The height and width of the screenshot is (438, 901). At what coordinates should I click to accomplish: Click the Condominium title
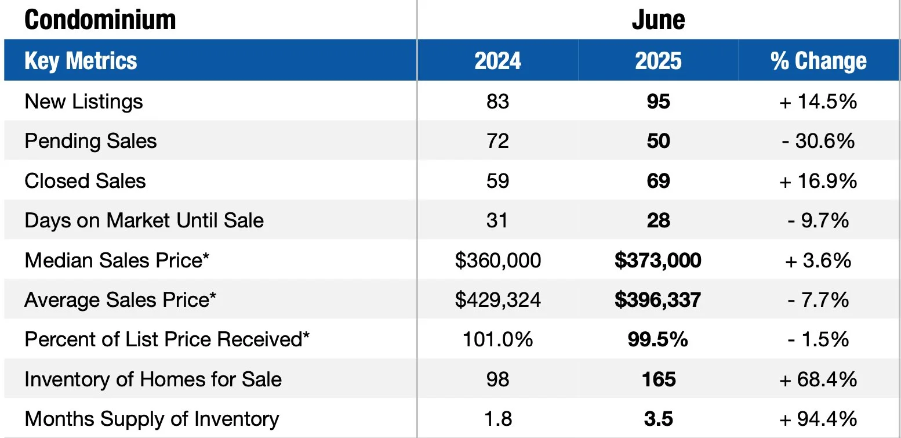(100, 20)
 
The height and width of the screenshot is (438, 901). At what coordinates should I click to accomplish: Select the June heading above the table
(658, 20)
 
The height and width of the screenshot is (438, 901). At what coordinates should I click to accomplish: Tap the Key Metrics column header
(81, 61)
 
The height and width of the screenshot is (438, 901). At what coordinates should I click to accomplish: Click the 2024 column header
(497, 61)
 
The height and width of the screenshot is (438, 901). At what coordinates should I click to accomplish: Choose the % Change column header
(818, 61)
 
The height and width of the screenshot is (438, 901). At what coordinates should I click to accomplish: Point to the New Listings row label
(83, 102)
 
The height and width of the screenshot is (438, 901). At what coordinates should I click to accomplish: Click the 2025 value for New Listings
(658, 102)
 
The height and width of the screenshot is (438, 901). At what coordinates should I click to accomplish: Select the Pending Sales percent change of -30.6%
(818, 141)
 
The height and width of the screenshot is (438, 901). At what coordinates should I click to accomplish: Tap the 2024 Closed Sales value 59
(497, 181)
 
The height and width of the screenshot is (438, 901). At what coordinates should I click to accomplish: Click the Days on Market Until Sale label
(144, 220)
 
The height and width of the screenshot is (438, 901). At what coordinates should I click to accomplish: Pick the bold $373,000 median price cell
(658, 260)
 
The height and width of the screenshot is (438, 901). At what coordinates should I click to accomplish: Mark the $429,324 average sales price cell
(497, 300)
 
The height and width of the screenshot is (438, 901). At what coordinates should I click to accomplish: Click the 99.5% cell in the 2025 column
(658, 339)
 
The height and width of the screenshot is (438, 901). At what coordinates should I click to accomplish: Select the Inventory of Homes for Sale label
(153, 379)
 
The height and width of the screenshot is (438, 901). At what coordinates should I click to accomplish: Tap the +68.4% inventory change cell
(818, 379)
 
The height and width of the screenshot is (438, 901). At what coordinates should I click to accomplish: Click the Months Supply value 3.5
(658, 419)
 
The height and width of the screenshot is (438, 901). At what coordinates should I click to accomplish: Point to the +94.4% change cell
(818, 419)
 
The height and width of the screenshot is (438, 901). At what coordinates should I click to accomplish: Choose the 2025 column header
(658, 61)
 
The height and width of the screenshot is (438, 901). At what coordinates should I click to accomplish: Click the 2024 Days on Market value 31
(497, 220)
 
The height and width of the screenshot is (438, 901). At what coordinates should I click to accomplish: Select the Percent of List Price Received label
(167, 339)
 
